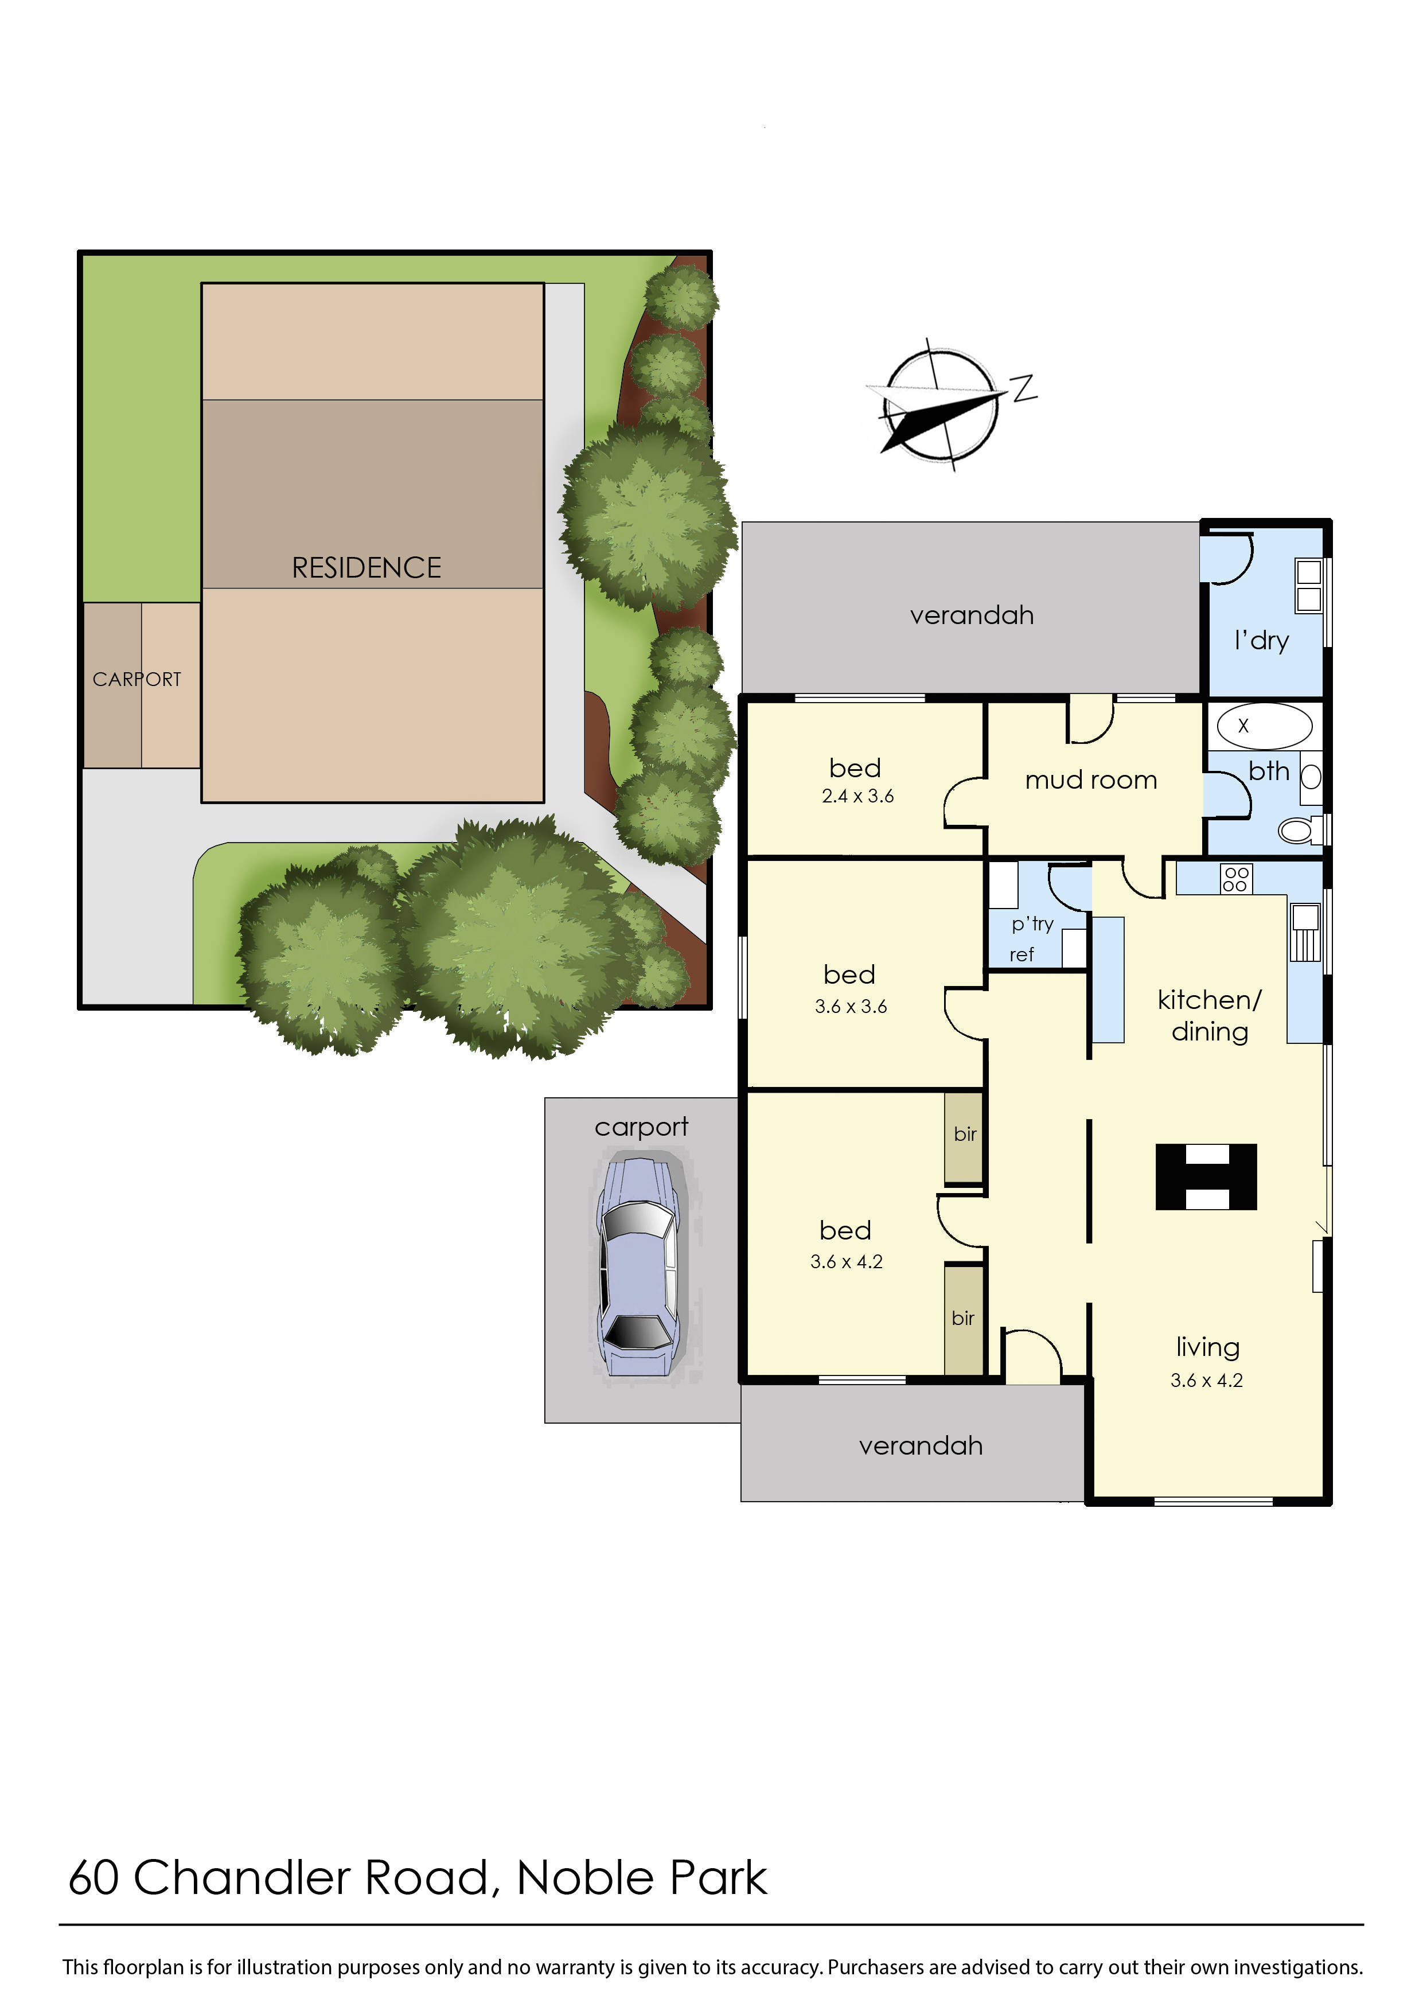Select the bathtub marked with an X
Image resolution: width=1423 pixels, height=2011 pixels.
pyautogui.click(x=1264, y=726)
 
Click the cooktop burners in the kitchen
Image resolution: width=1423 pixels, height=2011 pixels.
pyautogui.click(x=1235, y=879)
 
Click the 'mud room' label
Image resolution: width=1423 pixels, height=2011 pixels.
pyautogui.click(x=1091, y=780)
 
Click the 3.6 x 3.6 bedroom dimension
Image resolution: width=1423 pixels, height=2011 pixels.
pyautogui.click(x=850, y=1007)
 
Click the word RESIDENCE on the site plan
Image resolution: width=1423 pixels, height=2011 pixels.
pyautogui.click(x=367, y=568)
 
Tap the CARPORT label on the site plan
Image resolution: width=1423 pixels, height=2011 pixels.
pyautogui.click(x=137, y=679)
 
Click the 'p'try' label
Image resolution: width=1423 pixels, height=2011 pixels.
pyautogui.click(x=1032, y=923)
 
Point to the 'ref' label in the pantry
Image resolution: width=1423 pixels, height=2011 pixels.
pyautogui.click(x=1022, y=955)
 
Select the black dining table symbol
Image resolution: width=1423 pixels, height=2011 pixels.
pyautogui.click(x=1206, y=1177)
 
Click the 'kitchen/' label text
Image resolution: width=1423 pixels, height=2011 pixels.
pyautogui.click(x=1209, y=1000)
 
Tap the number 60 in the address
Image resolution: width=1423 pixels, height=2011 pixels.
pyautogui.click(x=93, y=1878)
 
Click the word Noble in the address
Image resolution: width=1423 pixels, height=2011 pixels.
pyautogui.click(x=586, y=1878)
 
